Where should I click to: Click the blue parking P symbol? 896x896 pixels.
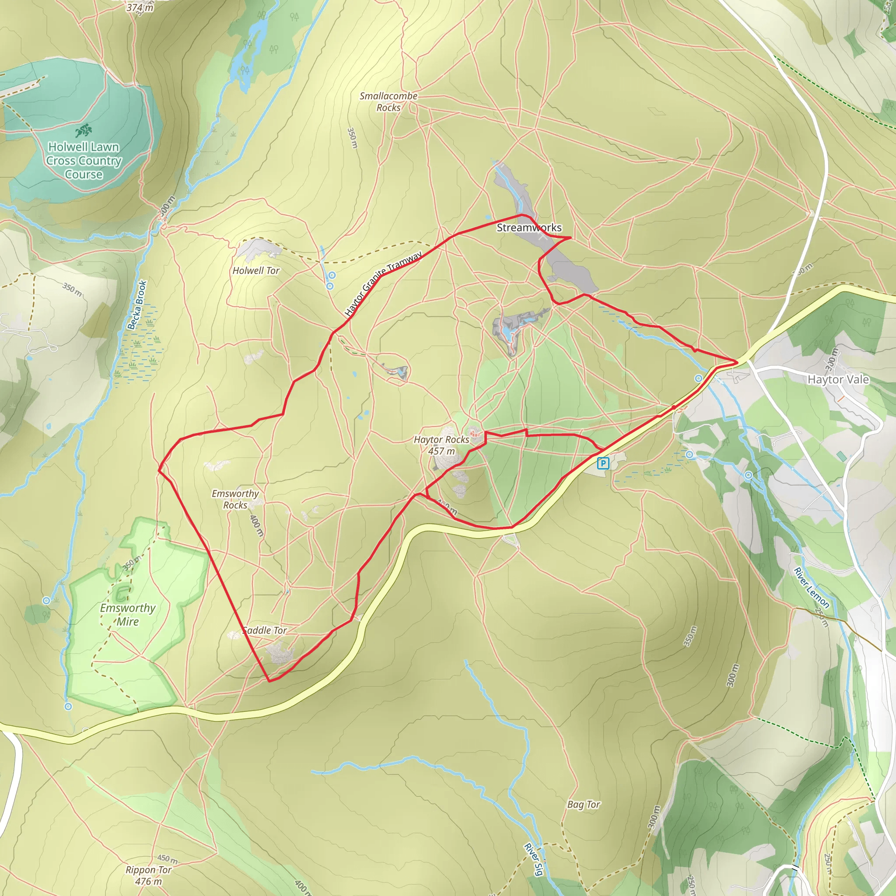coord(602,463)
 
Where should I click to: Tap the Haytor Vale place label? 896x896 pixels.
coord(838,379)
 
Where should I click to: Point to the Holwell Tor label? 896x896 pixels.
coord(256,270)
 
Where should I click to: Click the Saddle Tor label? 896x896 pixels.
coord(265,630)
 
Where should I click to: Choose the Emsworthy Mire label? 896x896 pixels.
coord(128,615)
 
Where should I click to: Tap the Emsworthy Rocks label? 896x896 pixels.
coord(235,499)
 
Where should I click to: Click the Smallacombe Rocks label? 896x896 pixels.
coord(388,101)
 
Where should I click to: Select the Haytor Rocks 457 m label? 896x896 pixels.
coord(441,445)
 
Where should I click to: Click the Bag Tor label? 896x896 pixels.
coord(584,804)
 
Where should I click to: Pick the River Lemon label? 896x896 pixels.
coord(811,587)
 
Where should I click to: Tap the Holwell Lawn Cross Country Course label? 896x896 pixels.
coord(84,161)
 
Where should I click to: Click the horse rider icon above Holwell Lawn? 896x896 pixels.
coord(84,130)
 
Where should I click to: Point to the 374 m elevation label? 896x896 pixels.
coord(140,7)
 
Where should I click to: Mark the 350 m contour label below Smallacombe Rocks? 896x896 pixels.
coord(353,138)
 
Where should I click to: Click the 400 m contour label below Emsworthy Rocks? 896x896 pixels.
coord(256,525)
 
